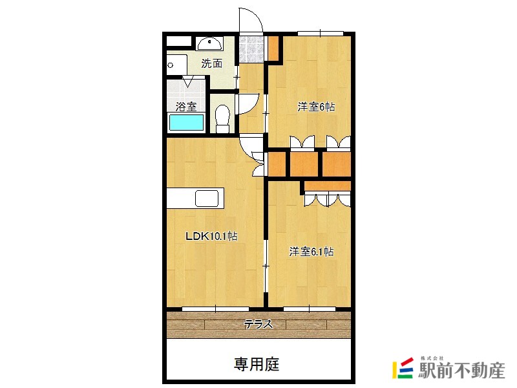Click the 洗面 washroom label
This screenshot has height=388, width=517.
click(x=211, y=63)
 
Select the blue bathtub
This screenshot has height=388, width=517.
click(x=186, y=122)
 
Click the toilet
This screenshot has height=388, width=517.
click(x=222, y=118)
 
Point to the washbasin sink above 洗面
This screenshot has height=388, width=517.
click(x=210, y=44)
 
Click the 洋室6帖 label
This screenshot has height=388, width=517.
click(x=315, y=107)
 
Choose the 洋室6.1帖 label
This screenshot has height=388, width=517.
click(x=311, y=252)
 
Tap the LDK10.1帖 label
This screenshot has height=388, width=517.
click(x=211, y=237)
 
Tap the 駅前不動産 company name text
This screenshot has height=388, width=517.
click(x=461, y=371)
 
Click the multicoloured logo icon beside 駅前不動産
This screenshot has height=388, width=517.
click(x=403, y=367)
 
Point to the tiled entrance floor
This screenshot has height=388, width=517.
click(x=249, y=48)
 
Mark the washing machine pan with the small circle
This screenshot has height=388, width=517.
click(x=176, y=65)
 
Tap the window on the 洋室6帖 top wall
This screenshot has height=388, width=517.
click(x=320, y=32)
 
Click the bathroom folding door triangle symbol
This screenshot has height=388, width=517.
click(x=189, y=82)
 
